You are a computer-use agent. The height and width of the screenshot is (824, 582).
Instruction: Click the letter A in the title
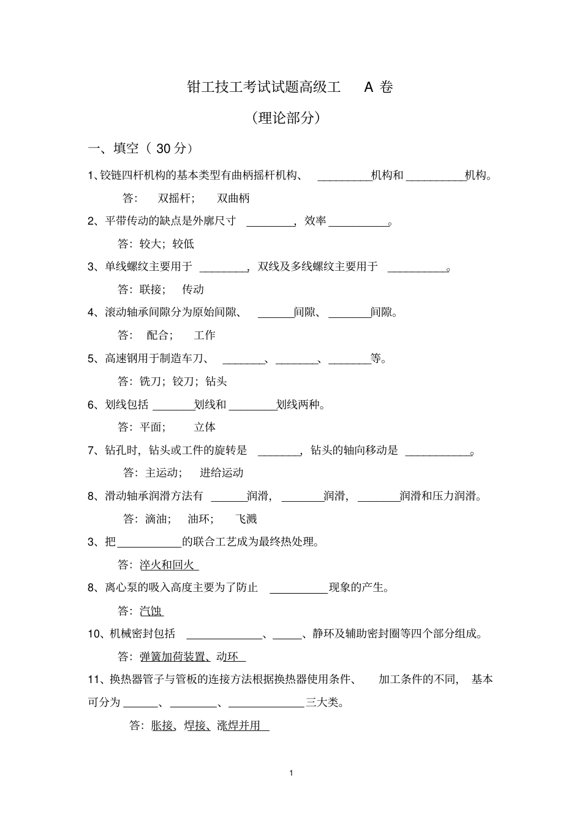pos(368,87)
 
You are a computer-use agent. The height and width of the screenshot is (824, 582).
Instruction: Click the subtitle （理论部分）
pos(287,118)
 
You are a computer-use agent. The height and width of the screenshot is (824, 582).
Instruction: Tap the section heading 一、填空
pos(114,148)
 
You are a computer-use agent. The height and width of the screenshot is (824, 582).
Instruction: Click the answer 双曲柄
pos(233,198)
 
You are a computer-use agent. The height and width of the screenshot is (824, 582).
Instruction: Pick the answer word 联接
pos(151,289)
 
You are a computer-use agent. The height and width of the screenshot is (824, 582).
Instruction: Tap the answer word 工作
pos(205,335)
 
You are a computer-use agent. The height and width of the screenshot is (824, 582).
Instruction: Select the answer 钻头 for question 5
pos(216,381)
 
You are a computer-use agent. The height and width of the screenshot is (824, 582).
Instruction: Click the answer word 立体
pos(205,427)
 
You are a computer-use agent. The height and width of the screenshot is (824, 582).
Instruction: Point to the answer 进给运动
pos(222,472)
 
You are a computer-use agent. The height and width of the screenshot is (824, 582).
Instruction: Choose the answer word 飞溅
pos(246,519)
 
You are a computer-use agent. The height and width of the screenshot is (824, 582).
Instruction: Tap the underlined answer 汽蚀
pos(151,610)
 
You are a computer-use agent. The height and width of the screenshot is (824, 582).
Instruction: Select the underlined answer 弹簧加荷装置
pos(173,656)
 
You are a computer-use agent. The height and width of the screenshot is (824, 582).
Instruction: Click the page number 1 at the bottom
pos(291,773)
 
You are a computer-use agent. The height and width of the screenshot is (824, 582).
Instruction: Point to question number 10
pos(94,633)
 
